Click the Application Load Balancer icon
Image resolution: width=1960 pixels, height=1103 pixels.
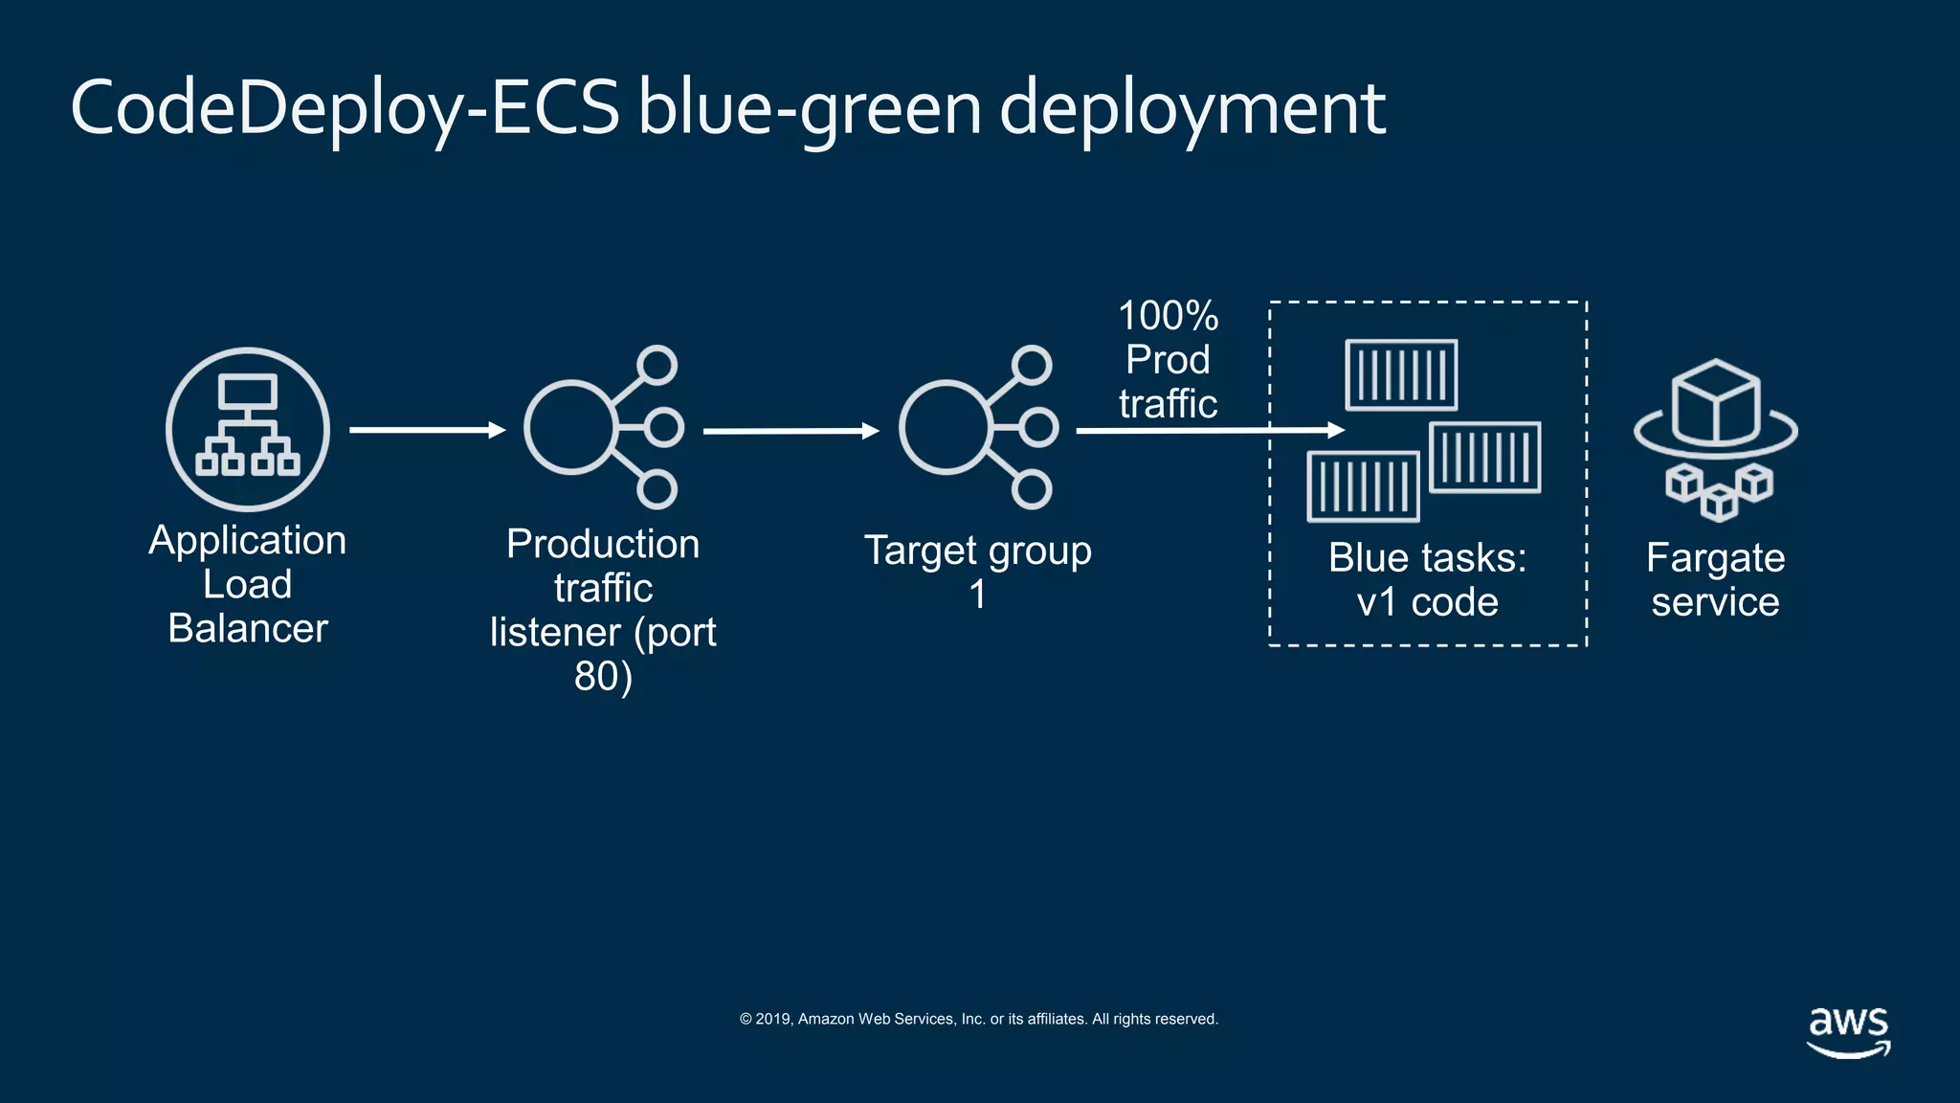pos(248,429)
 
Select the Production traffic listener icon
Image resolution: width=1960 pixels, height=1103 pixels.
pos(603,427)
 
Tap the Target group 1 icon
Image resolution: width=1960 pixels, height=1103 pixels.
pos(978,427)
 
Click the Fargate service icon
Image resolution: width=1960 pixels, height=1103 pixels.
pos(1715,439)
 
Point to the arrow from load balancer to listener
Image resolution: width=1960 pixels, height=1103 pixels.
pos(427,430)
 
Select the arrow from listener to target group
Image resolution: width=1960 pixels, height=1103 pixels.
pos(791,431)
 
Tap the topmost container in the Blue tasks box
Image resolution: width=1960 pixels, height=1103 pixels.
pos(1401,374)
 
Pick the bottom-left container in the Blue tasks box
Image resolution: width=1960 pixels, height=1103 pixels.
pos(1363,486)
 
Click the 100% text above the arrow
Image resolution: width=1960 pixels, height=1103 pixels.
pos(1168,316)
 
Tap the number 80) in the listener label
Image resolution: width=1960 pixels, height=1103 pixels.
pos(603,676)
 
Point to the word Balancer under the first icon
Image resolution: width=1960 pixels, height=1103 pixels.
pos(248,628)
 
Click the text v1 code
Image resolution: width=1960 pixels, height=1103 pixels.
pos(1427,602)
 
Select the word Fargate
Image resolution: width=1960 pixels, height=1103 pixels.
pos(1715,558)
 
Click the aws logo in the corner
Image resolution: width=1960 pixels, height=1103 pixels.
pos(1848,1031)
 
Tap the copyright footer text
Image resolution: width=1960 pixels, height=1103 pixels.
pos(978,1019)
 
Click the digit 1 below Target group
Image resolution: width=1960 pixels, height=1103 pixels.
pos(977,595)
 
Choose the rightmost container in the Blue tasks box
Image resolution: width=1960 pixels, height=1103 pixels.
pos(1484,457)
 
